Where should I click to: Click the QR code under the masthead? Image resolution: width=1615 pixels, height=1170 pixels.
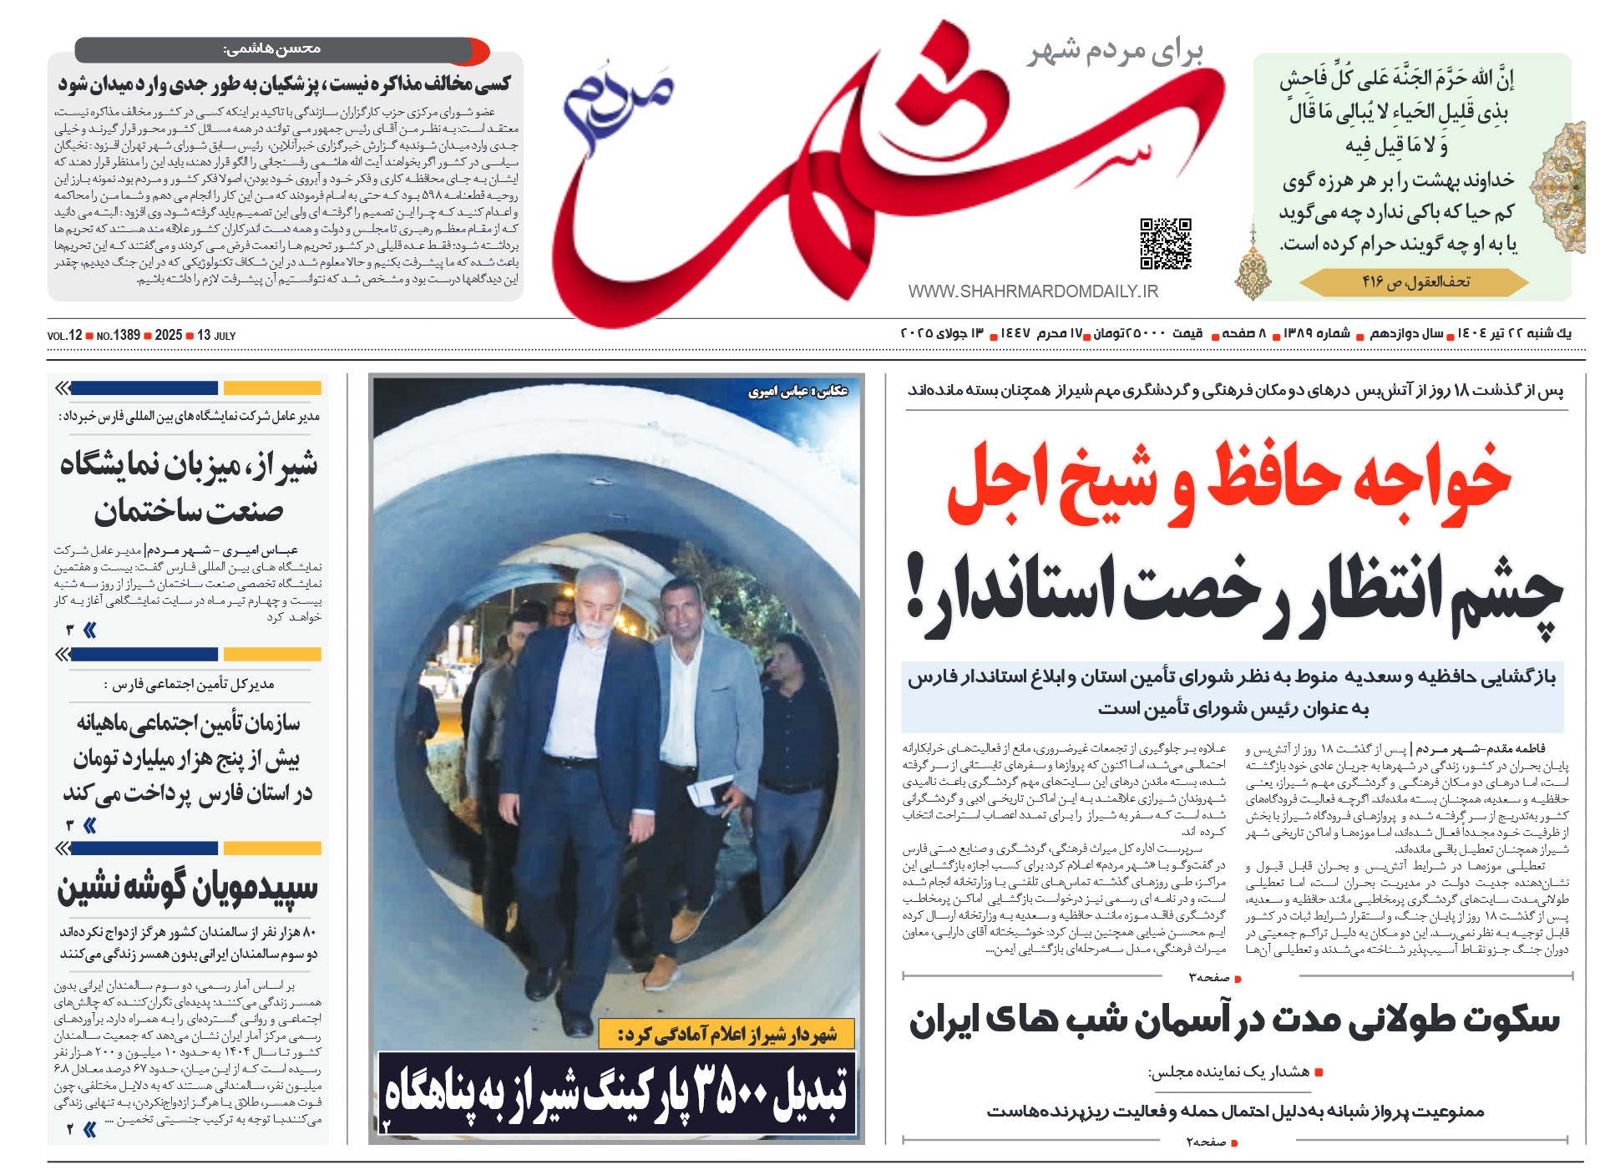[1165, 244]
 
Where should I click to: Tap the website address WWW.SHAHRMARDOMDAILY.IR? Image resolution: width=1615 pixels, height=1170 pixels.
[1033, 291]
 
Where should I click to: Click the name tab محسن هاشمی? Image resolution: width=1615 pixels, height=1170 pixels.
[272, 49]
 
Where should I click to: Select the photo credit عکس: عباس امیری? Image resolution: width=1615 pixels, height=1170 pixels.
[797, 391]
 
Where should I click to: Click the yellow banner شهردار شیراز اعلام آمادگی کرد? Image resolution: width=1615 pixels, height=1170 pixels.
[726, 1035]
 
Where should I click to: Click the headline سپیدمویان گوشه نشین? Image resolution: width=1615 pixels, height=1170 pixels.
[187, 889]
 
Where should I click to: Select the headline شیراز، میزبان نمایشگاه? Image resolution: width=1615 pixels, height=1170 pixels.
[189, 465]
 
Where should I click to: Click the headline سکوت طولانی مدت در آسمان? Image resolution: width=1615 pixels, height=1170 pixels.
[1233, 1021]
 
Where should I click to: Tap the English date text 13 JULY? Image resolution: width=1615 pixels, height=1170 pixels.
[216, 336]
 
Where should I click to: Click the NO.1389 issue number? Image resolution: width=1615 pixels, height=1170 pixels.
[119, 336]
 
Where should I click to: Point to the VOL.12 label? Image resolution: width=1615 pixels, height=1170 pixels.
[65, 336]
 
